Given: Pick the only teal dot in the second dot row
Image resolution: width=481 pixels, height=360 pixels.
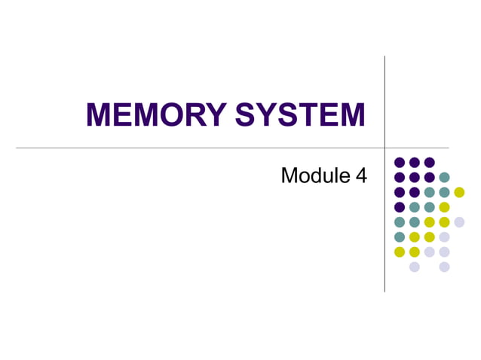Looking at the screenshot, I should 444,177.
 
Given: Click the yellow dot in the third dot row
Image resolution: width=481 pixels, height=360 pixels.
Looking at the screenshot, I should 459,192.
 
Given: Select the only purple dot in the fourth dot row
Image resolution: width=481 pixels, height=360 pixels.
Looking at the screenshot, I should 400,207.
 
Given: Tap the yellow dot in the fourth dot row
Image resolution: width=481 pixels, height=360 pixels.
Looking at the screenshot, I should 444,207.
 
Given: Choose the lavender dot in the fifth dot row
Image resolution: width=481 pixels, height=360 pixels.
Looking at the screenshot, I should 459,222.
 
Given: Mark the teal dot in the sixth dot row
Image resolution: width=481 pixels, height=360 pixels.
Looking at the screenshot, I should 400,236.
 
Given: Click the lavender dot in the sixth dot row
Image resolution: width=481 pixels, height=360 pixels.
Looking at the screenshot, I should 444,236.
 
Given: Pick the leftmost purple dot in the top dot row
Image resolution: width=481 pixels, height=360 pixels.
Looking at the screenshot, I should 400,162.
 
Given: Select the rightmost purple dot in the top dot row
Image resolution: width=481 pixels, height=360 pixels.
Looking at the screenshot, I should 429,162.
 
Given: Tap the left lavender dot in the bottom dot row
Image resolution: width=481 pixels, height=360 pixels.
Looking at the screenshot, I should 414,267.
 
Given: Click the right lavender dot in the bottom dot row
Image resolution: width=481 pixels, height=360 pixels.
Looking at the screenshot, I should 444,267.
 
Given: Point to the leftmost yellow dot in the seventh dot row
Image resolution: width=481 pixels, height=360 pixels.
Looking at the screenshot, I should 400,252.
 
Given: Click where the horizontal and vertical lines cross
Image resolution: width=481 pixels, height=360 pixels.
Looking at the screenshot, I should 384,148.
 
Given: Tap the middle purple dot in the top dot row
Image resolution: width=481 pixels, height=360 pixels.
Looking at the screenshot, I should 414,162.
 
